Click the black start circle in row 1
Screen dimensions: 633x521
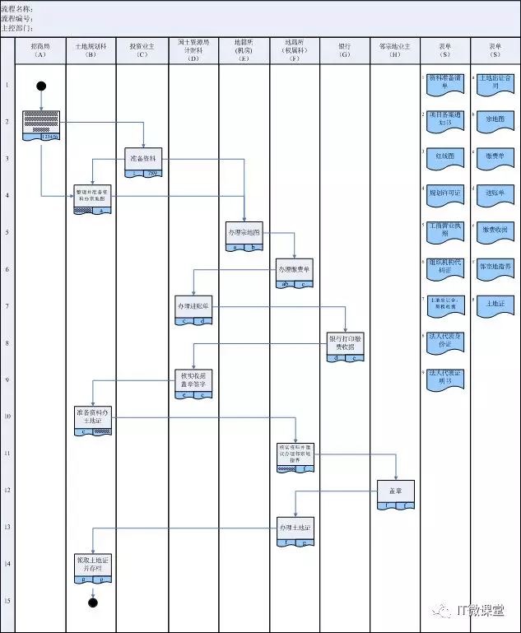41,86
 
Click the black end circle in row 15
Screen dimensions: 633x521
93,602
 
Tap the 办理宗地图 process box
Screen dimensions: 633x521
244,233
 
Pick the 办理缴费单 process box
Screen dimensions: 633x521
295,270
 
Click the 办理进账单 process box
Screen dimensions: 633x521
193,307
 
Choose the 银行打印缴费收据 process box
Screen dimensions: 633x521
346,344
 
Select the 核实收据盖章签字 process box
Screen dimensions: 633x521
193,381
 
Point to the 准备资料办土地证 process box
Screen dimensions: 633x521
93,418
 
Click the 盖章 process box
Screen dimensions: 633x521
396,492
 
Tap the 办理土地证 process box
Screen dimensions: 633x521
295,529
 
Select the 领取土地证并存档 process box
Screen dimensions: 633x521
93,566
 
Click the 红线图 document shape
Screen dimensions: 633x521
444,155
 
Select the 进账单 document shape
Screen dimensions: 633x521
495,192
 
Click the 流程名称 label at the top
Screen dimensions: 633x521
16,8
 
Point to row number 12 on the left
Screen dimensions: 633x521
7,491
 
